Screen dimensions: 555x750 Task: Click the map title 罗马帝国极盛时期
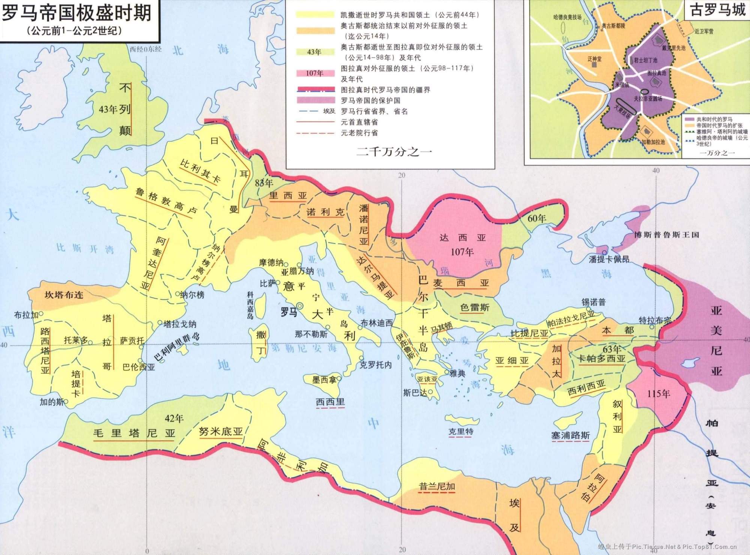(x=76, y=13)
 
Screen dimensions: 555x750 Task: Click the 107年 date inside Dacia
(x=462, y=252)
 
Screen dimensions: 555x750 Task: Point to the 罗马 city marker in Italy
(x=300, y=306)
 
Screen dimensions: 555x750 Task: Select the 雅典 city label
(x=457, y=373)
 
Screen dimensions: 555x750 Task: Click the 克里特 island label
(x=461, y=431)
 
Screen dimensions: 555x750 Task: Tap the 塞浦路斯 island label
(x=570, y=435)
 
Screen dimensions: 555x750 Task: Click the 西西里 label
(x=330, y=402)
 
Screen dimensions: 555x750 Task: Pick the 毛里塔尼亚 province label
(x=134, y=434)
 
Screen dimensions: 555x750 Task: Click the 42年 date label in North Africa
(x=174, y=418)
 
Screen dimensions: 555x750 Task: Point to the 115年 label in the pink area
(x=658, y=394)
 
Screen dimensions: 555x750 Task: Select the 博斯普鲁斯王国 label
(x=666, y=235)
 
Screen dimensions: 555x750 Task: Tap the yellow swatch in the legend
(x=315, y=15)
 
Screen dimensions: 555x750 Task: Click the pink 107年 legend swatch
(x=315, y=73)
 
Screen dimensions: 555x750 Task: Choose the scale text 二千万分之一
(x=394, y=152)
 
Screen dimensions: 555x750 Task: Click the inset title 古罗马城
(x=718, y=10)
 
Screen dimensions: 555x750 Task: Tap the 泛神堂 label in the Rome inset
(x=594, y=59)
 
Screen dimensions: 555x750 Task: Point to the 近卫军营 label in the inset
(x=704, y=31)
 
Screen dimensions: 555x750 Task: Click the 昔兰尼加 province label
(x=437, y=487)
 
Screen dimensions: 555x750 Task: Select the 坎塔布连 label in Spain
(x=64, y=295)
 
